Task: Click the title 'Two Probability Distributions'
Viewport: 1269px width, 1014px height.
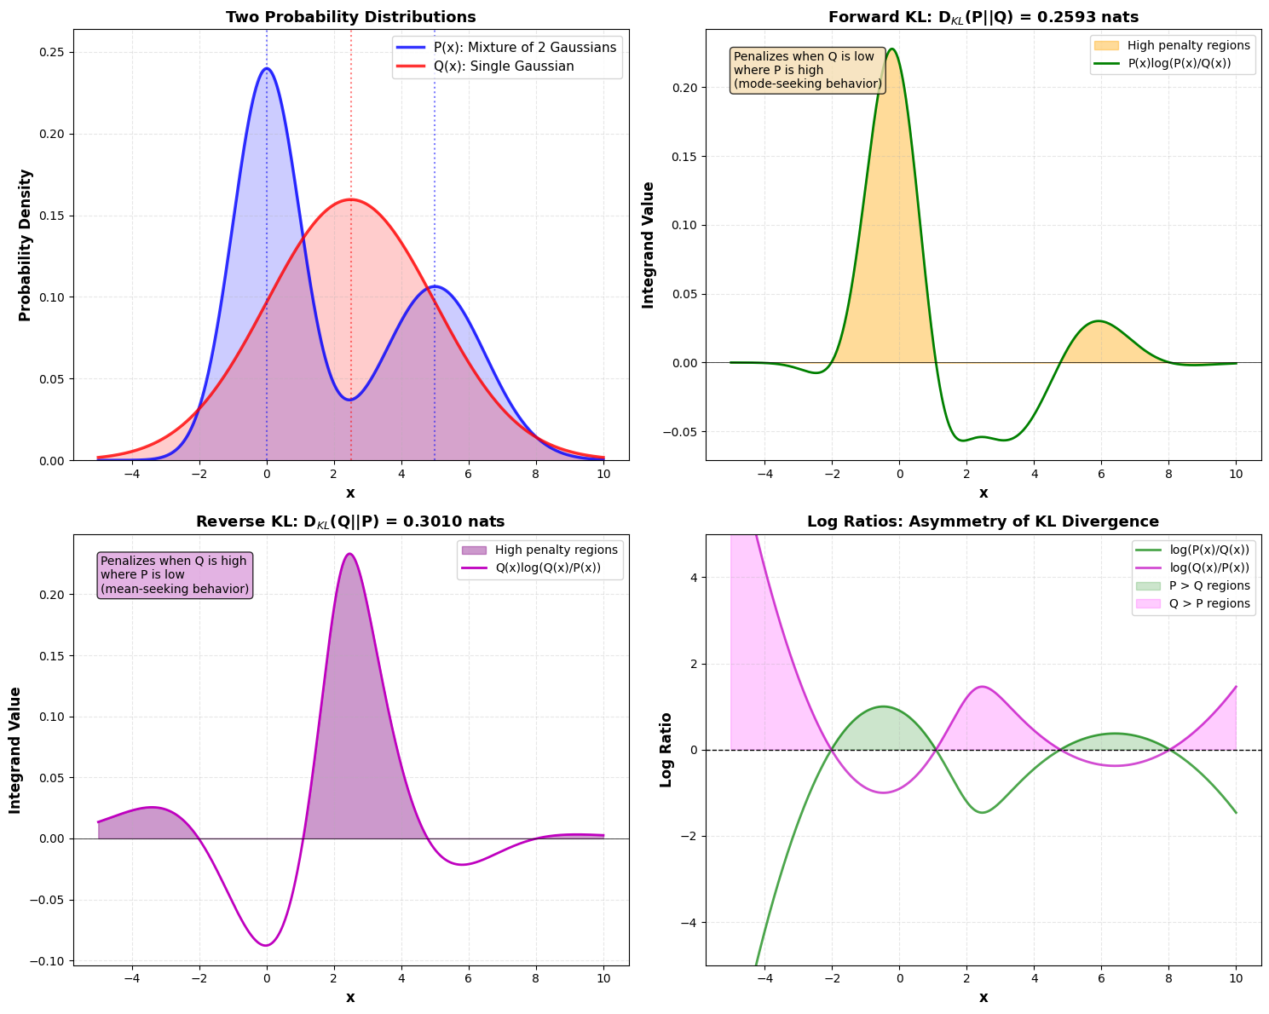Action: [350, 17]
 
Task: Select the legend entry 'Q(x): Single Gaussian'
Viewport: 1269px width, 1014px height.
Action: [507, 66]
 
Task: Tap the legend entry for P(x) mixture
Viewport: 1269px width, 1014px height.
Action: [507, 48]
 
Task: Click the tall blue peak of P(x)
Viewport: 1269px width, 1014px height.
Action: [267, 69]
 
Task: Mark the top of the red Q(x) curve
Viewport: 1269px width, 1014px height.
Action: [350, 199]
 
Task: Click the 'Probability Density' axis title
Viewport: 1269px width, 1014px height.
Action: [25, 245]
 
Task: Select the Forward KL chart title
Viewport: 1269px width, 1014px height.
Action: [983, 17]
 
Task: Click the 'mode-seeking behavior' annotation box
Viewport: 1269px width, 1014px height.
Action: [807, 70]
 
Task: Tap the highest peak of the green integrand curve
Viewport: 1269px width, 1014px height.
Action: [891, 49]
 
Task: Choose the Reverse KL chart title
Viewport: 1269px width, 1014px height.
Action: [350, 521]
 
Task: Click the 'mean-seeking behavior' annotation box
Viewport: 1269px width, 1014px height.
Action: [175, 575]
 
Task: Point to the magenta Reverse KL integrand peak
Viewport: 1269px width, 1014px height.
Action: [349, 554]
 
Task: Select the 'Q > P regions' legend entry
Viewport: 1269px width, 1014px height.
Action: [1193, 604]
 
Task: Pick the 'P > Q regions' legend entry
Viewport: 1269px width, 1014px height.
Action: [1193, 586]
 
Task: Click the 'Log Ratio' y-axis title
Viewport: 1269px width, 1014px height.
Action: [666, 750]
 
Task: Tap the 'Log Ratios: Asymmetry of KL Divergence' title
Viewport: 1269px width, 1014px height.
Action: [983, 521]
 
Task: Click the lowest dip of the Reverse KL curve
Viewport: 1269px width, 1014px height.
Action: [267, 945]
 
